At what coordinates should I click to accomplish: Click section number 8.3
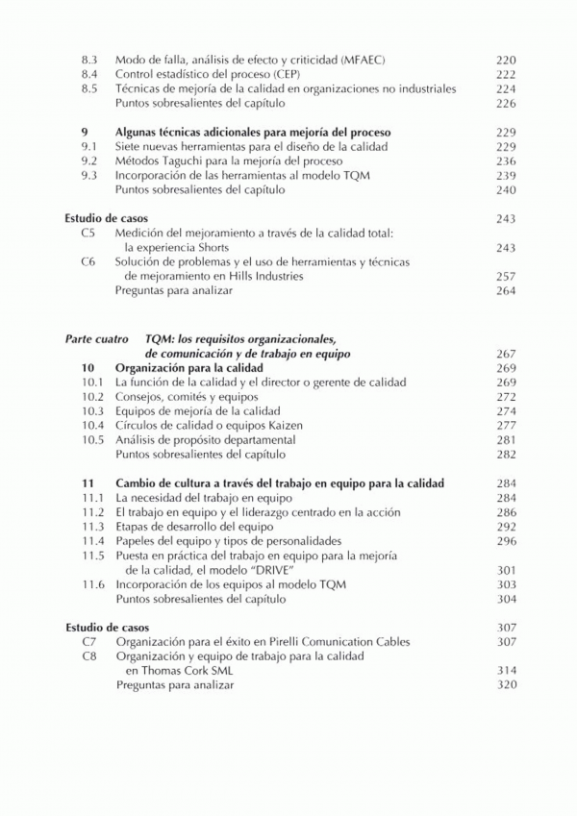tap(89, 60)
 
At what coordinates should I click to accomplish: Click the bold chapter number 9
tap(85, 132)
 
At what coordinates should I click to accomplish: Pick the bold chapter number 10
tap(88, 368)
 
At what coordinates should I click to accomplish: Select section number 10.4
tap(92, 425)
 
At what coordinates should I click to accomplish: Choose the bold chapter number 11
tap(88, 482)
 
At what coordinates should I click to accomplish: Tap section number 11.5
tap(92, 555)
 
